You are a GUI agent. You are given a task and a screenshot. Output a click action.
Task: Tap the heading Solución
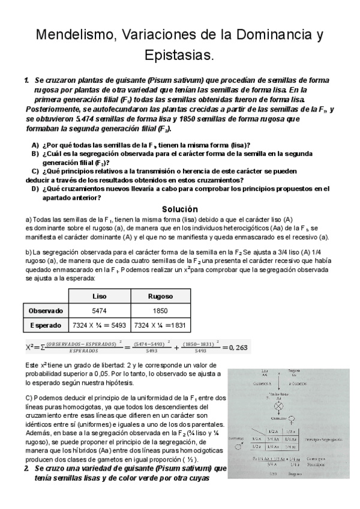(x=179, y=209)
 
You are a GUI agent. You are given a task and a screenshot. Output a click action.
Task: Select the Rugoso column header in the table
(x=160, y=296)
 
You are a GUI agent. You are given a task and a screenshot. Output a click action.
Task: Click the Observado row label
(x=46, y=310)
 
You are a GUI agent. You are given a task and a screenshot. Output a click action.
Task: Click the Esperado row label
(x=46, y=325)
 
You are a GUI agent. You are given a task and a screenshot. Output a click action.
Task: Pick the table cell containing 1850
(x=160, y=310)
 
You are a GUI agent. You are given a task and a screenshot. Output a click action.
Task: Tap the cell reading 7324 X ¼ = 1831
(x=160, y=325)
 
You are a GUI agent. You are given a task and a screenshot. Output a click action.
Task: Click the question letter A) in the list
(x=35, y=145)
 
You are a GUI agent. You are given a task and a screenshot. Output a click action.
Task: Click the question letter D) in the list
(x=35, y=188)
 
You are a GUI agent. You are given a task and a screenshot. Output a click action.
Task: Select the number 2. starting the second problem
(x=27, y=468)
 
